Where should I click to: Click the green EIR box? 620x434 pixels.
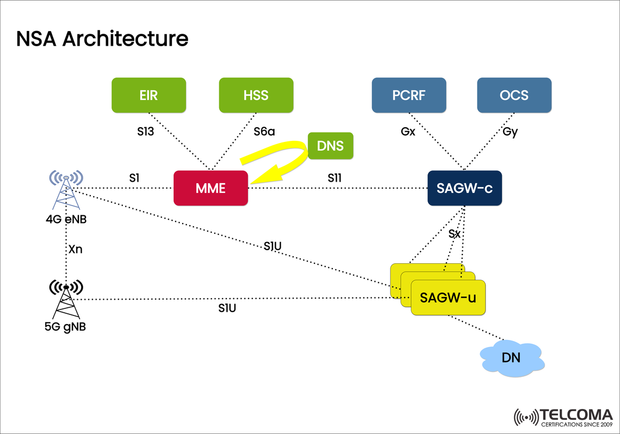pos(148,95)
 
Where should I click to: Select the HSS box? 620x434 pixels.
pos(256,95)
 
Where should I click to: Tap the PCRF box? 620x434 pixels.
pos(408,95)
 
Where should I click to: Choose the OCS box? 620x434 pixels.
pos(514,95)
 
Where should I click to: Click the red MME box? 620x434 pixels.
pos(210,188)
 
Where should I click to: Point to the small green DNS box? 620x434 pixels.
pos(330,146)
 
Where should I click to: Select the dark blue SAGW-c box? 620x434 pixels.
pos(464,188)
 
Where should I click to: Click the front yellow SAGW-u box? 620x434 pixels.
pos(448,297)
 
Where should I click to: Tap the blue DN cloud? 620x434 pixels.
pos(511,357)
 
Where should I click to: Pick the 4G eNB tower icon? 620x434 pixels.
pos(66,190)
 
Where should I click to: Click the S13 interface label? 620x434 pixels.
pos(146,132)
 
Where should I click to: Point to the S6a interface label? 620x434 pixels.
pos(264,132)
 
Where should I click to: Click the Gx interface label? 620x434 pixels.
pos(408,132)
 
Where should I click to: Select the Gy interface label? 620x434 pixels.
pos(510,132)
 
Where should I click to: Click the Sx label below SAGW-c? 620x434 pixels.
pos(455,234)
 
